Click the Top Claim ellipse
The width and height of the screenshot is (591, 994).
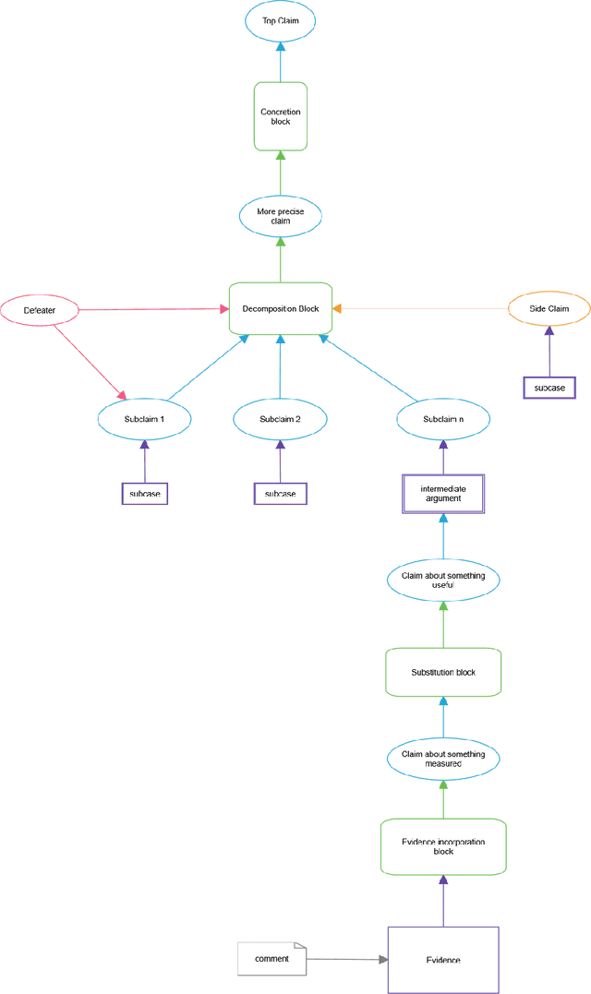tap(280, 19)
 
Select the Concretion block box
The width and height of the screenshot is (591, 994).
tap(280, 116)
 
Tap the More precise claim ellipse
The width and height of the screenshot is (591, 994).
tap(280, 216)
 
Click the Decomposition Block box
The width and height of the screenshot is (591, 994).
tap(280, 309)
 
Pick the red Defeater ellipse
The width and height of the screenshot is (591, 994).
tap(40, 310)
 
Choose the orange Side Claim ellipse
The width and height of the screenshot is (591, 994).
tap(549, 309)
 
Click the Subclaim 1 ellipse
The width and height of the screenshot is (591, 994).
tap(144, 419)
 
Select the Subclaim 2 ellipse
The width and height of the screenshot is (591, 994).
tap(280, 419)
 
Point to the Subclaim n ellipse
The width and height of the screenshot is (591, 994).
tap(443, 419)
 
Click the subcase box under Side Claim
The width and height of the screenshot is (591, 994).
tap(549, 387)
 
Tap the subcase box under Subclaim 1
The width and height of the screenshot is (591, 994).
tap(145, 494)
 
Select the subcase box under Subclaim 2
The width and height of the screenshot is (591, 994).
tap(280, 494)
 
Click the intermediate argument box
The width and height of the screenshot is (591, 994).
tap(443, 494)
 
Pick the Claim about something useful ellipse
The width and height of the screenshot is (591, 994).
tap(443, 580)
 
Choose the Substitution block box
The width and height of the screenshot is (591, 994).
tap(443, 672)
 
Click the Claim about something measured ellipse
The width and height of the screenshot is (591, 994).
tap(443, 759)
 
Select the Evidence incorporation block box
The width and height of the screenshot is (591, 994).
tap(443, 846)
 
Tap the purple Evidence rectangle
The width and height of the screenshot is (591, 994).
tap(443, 960)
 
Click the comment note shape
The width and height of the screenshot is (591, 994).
tap(271, 959)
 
